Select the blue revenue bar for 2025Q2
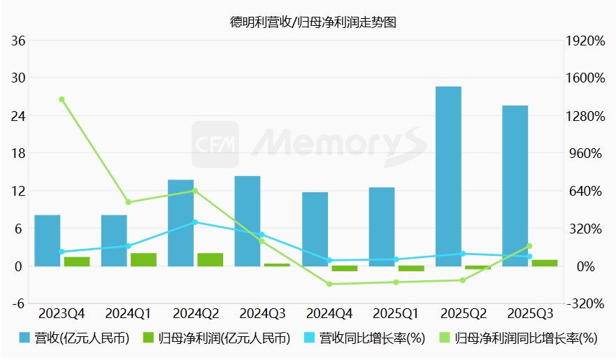click(x=448, y=176)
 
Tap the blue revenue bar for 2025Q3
click(x=515, y=186)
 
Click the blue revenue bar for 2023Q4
click(x=47, y=240)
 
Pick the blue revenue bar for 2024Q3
click(x=248, y=221)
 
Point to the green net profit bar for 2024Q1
click(x=143, y=259)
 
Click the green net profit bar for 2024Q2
click(x=210, y=259)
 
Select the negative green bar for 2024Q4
click(x=344, y=268)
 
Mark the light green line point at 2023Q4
click(x=62, y=99)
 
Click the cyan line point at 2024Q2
click(x=195, y=222)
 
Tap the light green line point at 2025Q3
click(x=529, y=246)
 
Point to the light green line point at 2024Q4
click(x=329, y=284)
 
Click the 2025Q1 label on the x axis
click(x=396, y=312)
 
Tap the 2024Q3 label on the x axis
click(x=262, y=312)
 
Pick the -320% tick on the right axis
click(x=586, y=304)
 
